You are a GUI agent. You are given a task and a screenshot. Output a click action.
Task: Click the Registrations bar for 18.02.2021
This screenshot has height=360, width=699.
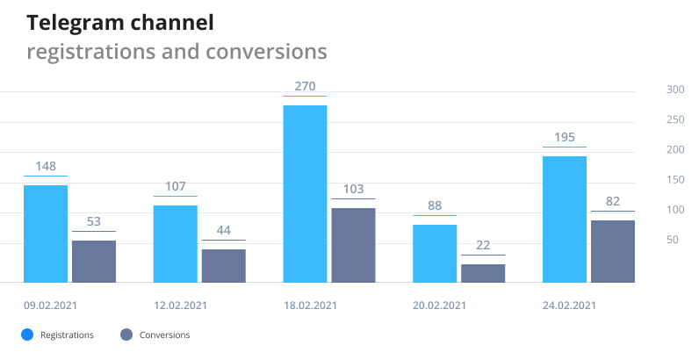[305, 193]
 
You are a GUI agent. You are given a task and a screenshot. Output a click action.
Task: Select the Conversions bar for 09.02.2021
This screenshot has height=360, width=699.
[94, 261]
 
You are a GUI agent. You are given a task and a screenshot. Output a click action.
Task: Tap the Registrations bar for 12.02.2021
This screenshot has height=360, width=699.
[175, 243]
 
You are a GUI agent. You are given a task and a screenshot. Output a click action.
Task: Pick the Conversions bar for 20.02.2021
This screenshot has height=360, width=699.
[483, 272]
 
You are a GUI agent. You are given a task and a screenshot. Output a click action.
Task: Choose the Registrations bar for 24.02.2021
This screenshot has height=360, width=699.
[565, 219]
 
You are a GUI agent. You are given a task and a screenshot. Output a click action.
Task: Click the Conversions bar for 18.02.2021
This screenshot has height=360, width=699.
[353, 244]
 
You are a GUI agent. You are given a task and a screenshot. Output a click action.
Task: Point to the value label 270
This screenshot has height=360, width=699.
[305, 87]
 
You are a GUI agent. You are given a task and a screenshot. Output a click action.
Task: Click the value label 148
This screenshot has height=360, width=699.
[46, 167]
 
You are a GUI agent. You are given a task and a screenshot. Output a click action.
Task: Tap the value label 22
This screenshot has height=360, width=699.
[483, 246]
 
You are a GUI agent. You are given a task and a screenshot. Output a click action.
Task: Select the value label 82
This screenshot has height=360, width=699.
[613, 202]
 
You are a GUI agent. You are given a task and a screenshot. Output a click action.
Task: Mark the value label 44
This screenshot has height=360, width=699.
[223, 231]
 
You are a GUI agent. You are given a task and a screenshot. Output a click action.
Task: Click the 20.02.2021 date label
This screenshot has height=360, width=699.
[438, 306]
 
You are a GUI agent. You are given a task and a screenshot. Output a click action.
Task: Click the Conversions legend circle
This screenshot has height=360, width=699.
[126, 335]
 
